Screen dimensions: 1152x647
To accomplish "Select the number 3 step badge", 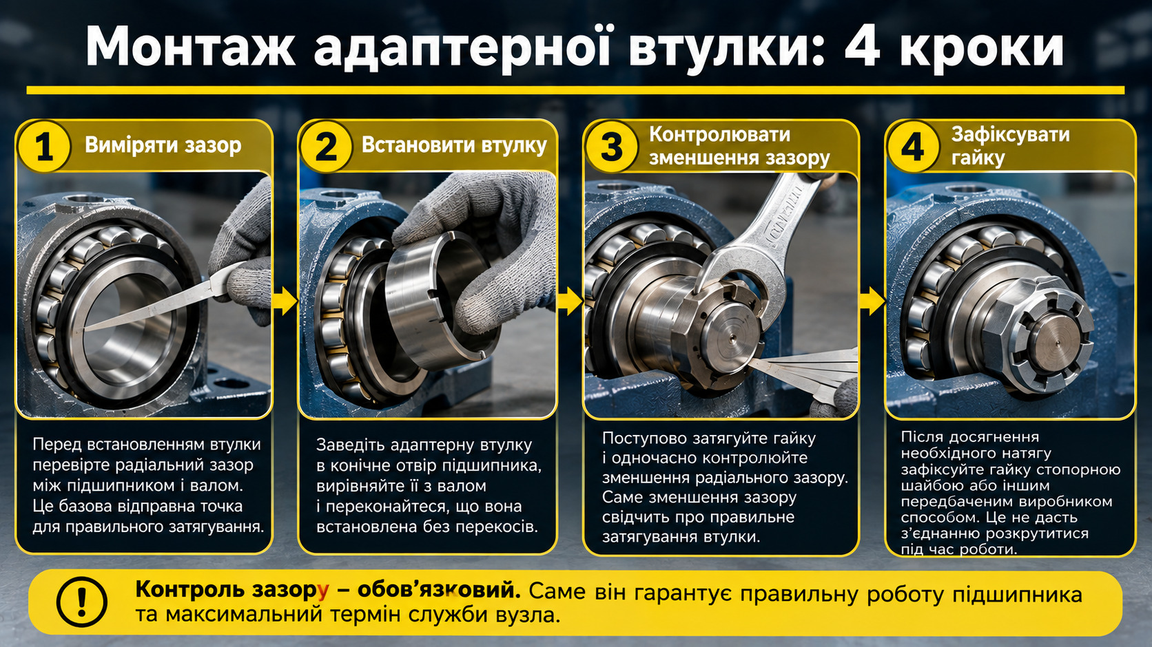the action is click(612, 146).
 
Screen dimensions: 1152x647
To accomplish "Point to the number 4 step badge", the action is click(913, 146).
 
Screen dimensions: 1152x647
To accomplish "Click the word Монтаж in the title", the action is click(190, 47).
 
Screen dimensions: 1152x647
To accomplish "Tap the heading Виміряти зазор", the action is click(163, 145).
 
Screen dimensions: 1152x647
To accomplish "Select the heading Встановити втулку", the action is click(454, 145).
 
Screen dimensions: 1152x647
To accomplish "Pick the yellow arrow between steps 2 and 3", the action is click(570, 301).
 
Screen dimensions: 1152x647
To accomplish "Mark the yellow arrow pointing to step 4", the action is click(872, 301).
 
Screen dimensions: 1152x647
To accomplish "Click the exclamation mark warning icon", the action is click(82, 602).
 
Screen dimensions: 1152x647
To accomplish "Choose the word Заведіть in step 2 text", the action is click(348, 445).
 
